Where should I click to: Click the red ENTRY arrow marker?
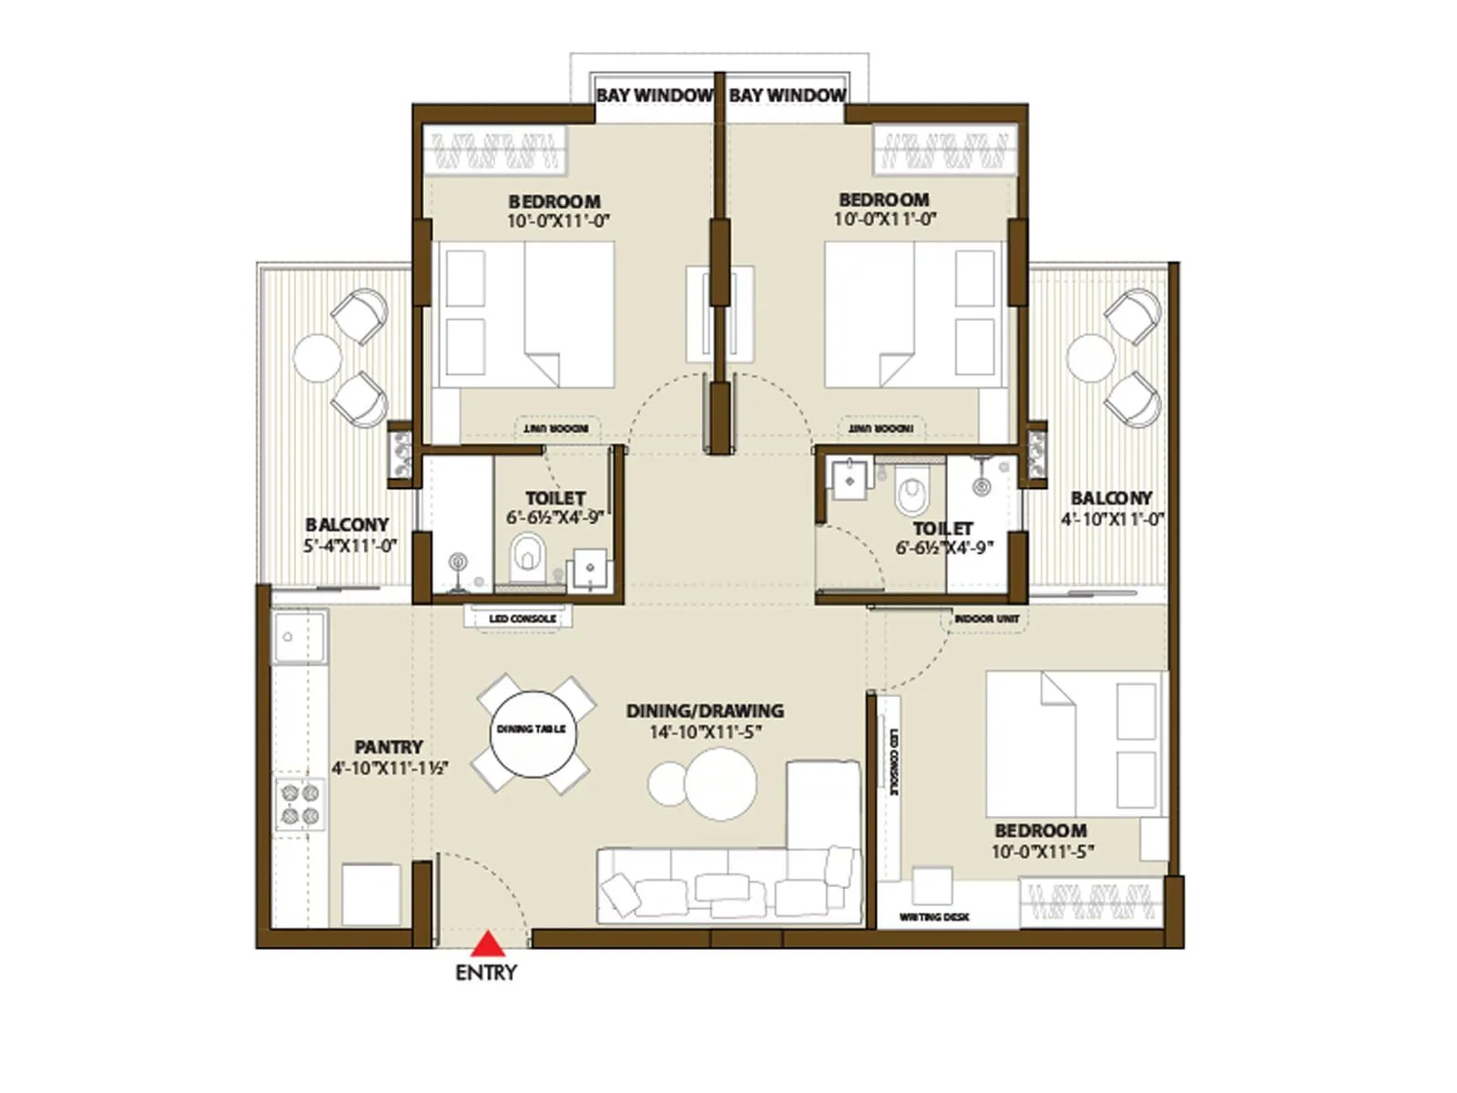[x=488, y=944]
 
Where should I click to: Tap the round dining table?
[x=532, y=734]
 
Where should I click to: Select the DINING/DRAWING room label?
[x=704, y=710]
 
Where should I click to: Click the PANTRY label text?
[x=389, y=747]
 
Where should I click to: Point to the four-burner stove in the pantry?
[x=300, y=803]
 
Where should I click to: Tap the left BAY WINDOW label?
[x=655, y=95]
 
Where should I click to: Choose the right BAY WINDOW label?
[x=788, y=95]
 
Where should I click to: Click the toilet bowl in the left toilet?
[x=525, y=555]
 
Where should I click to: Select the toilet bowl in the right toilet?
[x=911, y=495]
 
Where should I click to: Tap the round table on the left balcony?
[x=317, y=358]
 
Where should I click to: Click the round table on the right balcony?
[x=1091, y=357]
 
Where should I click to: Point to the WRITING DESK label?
[x=933, y=917]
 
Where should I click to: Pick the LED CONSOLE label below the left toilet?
[x=522, y=618]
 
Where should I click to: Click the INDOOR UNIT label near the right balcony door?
[x=986, y=618]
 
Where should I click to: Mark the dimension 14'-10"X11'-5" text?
[x=704, y=732]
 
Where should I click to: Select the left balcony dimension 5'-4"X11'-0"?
[x=350, y=546]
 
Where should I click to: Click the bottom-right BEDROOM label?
[x=1040, y=831]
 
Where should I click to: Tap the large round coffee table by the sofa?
[x=720, y=784]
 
